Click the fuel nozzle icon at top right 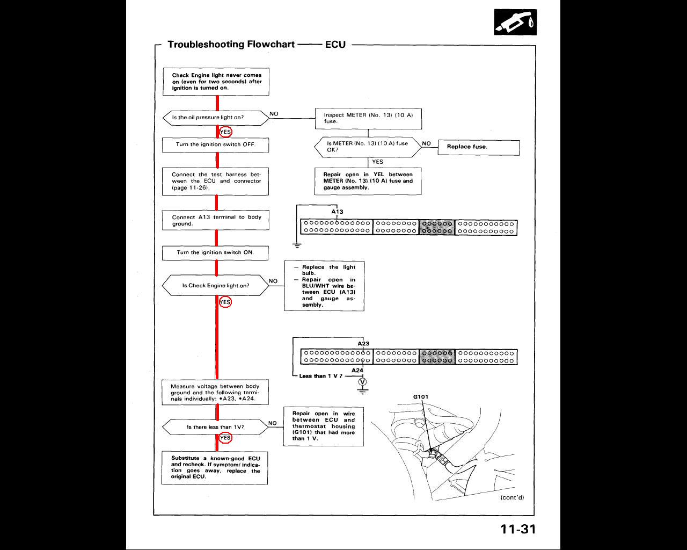pyautogui.click(x=515, y=23)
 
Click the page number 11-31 pyautogui.click(x=518, y=529)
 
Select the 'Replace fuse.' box pyautogui.click(x=479, y=147)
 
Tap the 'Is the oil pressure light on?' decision pyautogui.click(x=215, y=118)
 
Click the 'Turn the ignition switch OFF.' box pyautogui.click(x=215, y=145)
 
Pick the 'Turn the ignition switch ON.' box pyautogui.click(x=215, y=252)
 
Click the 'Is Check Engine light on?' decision pyautogui.click(x=215, y=286)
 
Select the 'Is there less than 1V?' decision pyautogui.click(x=215, y=428)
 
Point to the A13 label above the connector pyautogui.click(x=337, y=212)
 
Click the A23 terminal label pyautogui.click(x=363, y=344)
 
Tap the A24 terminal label pyautogui.click(x=357, y=371)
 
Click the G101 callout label pyautogui.click(x=421, y=397)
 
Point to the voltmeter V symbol pyautogui.click(x=363, y=382)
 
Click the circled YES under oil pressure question pyautogui.click(x=226, y=132)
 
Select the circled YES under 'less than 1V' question pyautogui.click(x=226, y=438)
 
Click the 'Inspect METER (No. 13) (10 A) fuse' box pyautogui.click(x=368, y=118)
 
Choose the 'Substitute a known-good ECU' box pyautogui.click(x=215, y=467)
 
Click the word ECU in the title pyautogui.click(x=335, y=45)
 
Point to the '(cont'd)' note pyautogui.click(x=512, y=497)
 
